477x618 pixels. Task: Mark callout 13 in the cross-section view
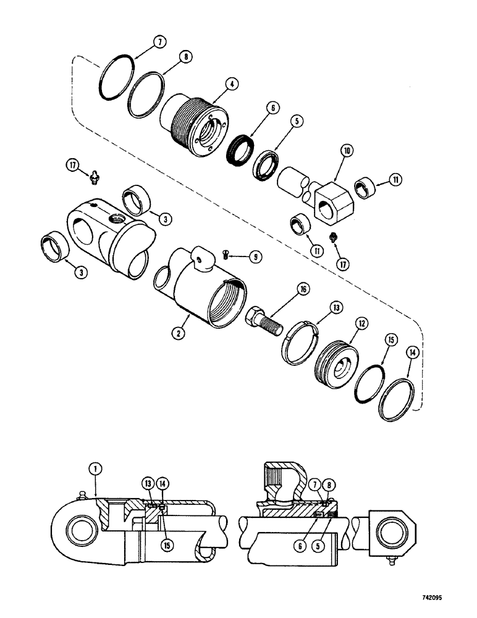(x=148, y=483)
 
